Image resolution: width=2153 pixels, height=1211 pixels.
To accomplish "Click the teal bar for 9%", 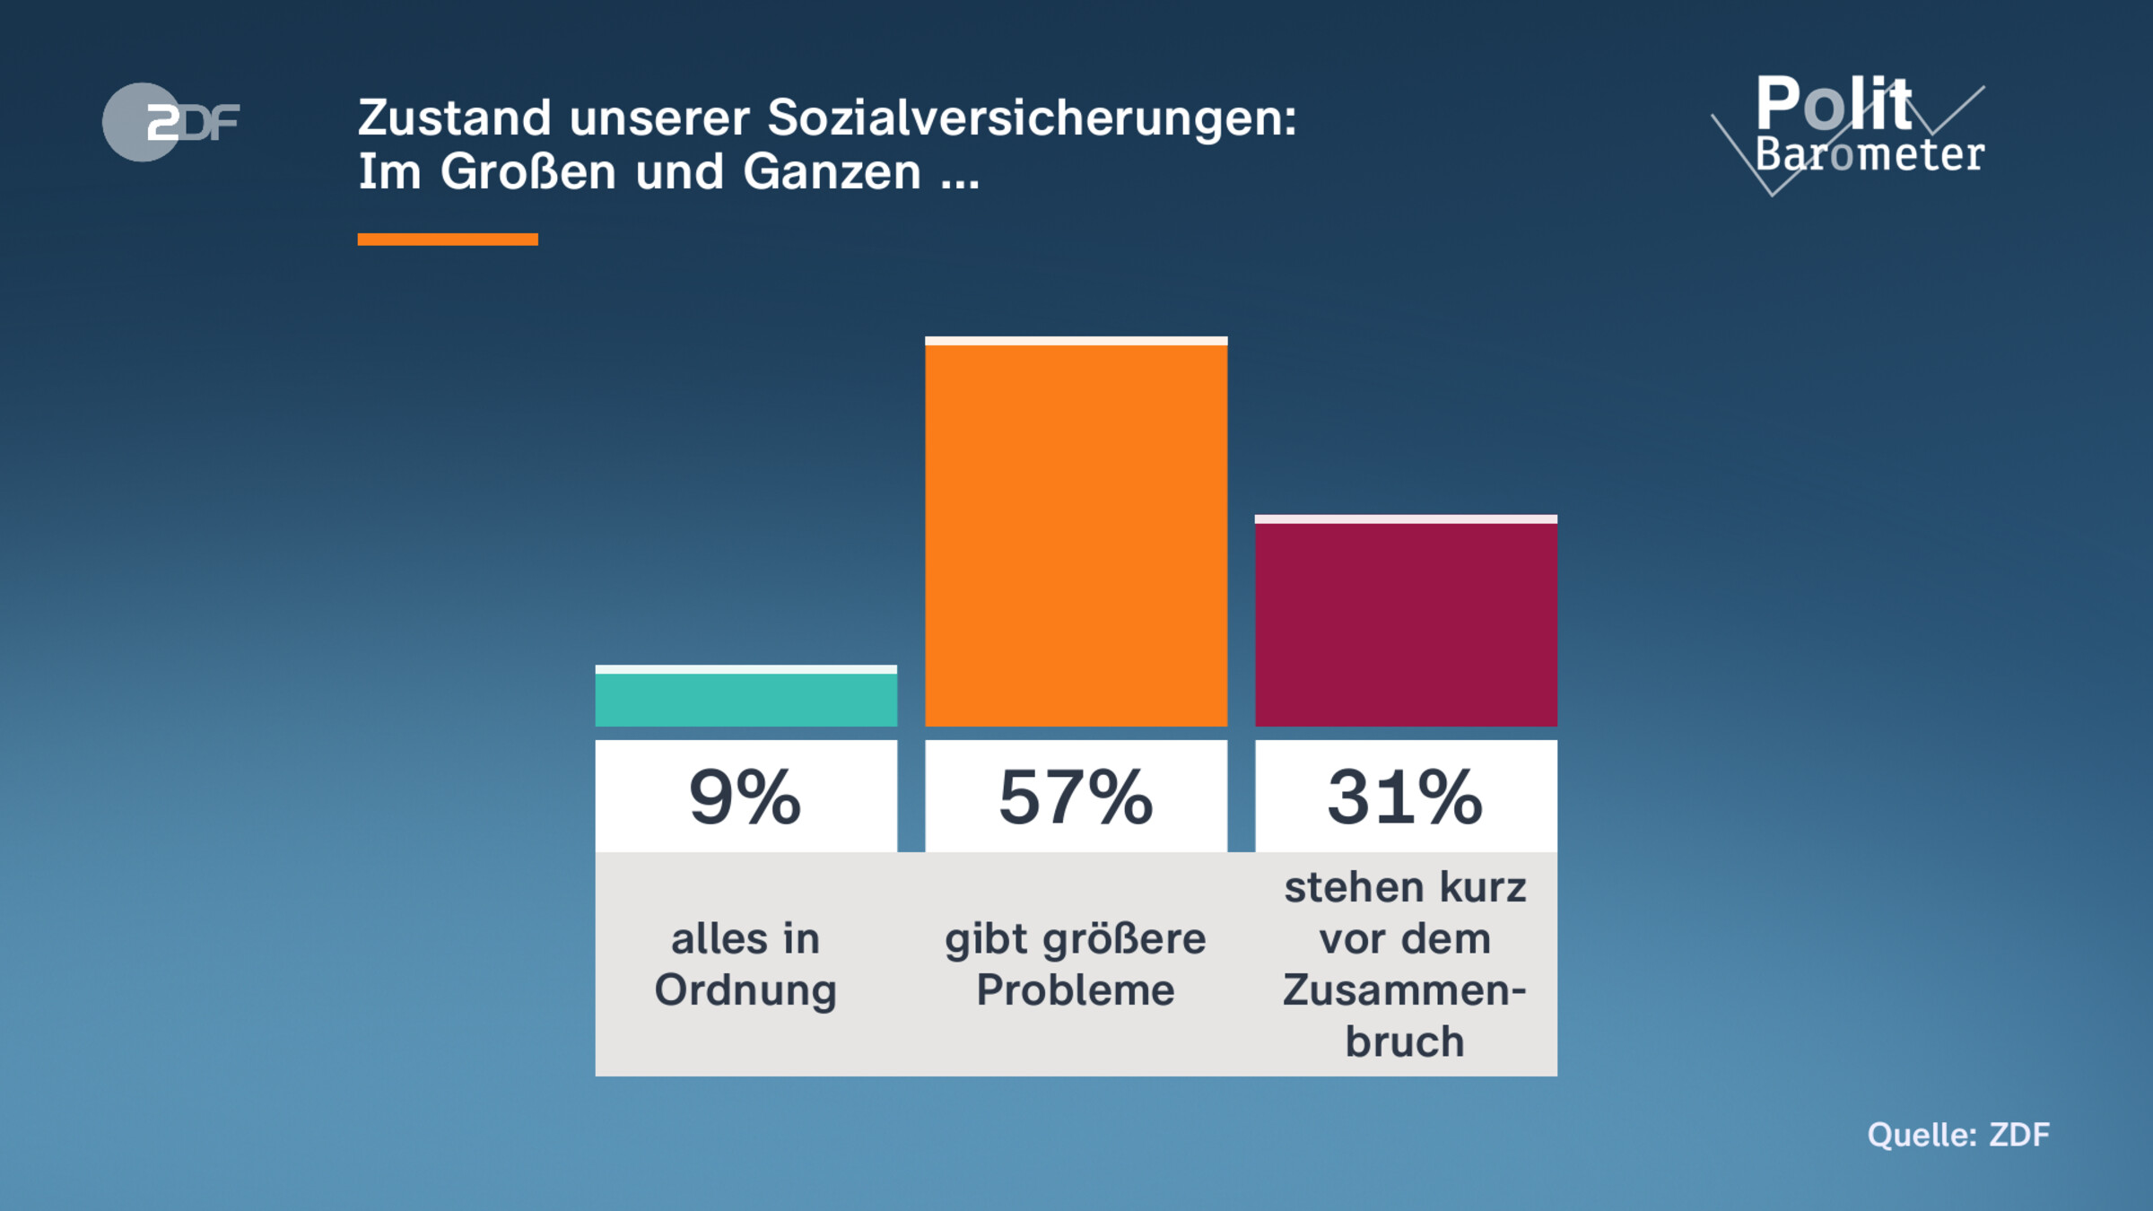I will pos(745,698).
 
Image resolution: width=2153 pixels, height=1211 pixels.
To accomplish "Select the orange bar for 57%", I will pos(1076,535).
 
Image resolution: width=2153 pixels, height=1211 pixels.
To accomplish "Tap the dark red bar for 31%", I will pos(1406,623).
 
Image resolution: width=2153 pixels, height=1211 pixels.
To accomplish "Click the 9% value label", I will pos(745,797).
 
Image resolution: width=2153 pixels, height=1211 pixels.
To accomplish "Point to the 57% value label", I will pos(1076,797).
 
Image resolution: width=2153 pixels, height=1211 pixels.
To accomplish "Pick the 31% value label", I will pos(1406,797).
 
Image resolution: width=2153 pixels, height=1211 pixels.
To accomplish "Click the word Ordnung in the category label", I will pos(745,991).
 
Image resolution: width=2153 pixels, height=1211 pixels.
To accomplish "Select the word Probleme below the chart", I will pos(1076,990).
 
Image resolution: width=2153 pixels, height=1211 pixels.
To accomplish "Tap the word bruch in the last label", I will pos(1405,1041).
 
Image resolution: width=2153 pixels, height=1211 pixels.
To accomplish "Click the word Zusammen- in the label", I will pos(1405,990).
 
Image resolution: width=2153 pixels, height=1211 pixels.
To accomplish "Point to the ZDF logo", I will pos(170,122).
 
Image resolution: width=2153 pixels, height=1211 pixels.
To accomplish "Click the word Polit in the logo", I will pos(1834,104).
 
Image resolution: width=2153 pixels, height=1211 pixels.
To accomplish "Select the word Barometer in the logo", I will pos(1870,154).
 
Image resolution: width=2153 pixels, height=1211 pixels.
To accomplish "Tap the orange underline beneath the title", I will pos(448,240).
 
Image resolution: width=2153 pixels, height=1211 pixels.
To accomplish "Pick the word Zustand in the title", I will pos(454,118).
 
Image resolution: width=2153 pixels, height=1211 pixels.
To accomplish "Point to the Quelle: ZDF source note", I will pos(1958,1135).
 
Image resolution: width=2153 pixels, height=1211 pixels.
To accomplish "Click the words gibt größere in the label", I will pos(1076,939).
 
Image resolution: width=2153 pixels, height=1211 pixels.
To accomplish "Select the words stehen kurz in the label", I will pos(1405,887).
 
